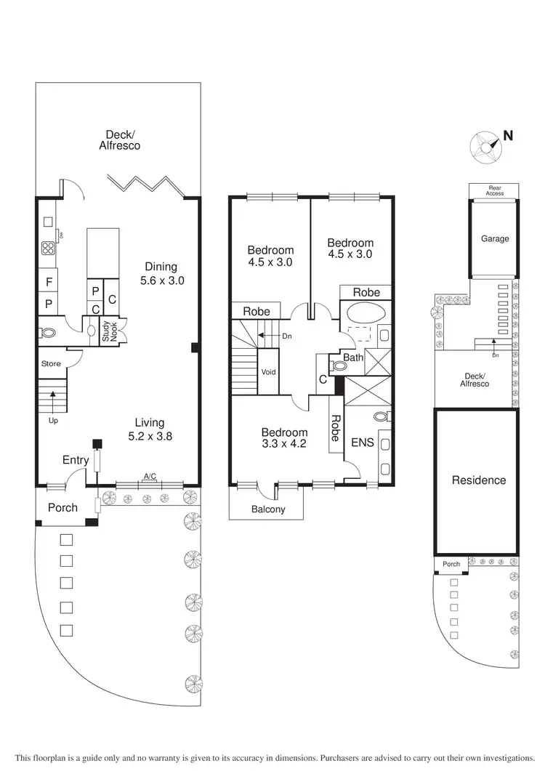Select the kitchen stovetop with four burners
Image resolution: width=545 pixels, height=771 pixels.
[x=49, y=249]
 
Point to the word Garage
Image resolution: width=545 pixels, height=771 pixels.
[x=495, y=239]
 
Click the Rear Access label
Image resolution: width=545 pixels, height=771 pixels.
[x=495, y=190]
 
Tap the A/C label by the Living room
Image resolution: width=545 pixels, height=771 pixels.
[x=150, y=477]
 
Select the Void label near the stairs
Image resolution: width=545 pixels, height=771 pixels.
[x=268, y=372]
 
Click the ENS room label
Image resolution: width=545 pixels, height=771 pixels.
[x=361, y=442]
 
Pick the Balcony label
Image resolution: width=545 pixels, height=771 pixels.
[x=268, y=509]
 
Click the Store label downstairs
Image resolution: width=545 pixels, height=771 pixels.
[x=51, y=363]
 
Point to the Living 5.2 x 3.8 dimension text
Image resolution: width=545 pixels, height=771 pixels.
[x=149, y=429]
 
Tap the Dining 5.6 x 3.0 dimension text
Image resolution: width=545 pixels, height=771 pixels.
[x=160, y=273]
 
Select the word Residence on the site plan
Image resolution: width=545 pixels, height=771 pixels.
[x=479, y=480]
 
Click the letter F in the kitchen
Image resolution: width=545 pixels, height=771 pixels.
[x=49, y=281]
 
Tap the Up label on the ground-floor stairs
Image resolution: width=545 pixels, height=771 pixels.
[x=52, y=421]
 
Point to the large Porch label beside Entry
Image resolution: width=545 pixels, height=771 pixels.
[x=62, y=507]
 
